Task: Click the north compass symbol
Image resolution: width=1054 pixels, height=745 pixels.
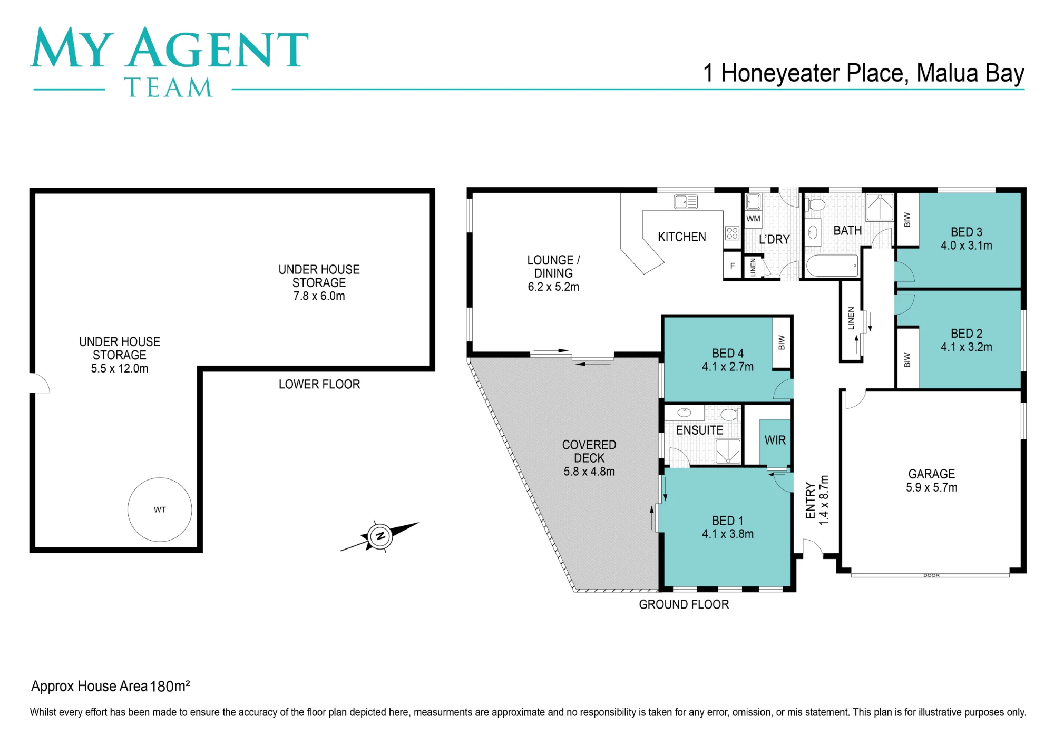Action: [379, 537]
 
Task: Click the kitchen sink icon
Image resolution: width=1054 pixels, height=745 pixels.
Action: [686, 201]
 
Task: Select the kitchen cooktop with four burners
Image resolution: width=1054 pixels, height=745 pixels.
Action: [732, 233]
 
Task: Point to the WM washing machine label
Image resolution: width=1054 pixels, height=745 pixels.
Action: [753, 219]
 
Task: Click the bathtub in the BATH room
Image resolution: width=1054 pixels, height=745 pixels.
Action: [832, 266]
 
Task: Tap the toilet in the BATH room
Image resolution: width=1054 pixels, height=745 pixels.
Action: [816, 204]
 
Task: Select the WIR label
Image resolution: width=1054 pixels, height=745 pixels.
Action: [775, 440]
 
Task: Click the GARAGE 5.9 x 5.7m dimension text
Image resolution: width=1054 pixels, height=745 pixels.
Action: [932, 487]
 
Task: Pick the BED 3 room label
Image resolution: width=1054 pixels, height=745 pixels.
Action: [967, 232]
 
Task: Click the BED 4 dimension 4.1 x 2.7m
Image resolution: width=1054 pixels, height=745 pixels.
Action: [728, 367]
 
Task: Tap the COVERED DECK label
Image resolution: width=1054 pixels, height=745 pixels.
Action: [589, 452]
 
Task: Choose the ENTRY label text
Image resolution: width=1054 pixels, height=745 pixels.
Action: [811, 501]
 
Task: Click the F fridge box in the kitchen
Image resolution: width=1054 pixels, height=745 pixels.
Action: [732, 266]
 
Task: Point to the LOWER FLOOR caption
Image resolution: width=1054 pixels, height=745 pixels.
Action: [319, 384]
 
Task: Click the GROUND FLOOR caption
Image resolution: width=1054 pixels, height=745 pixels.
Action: [684, 604]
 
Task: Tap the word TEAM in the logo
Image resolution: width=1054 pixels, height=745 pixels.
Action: [169, 87]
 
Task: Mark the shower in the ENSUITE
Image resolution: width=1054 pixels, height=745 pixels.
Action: [728, 452]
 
